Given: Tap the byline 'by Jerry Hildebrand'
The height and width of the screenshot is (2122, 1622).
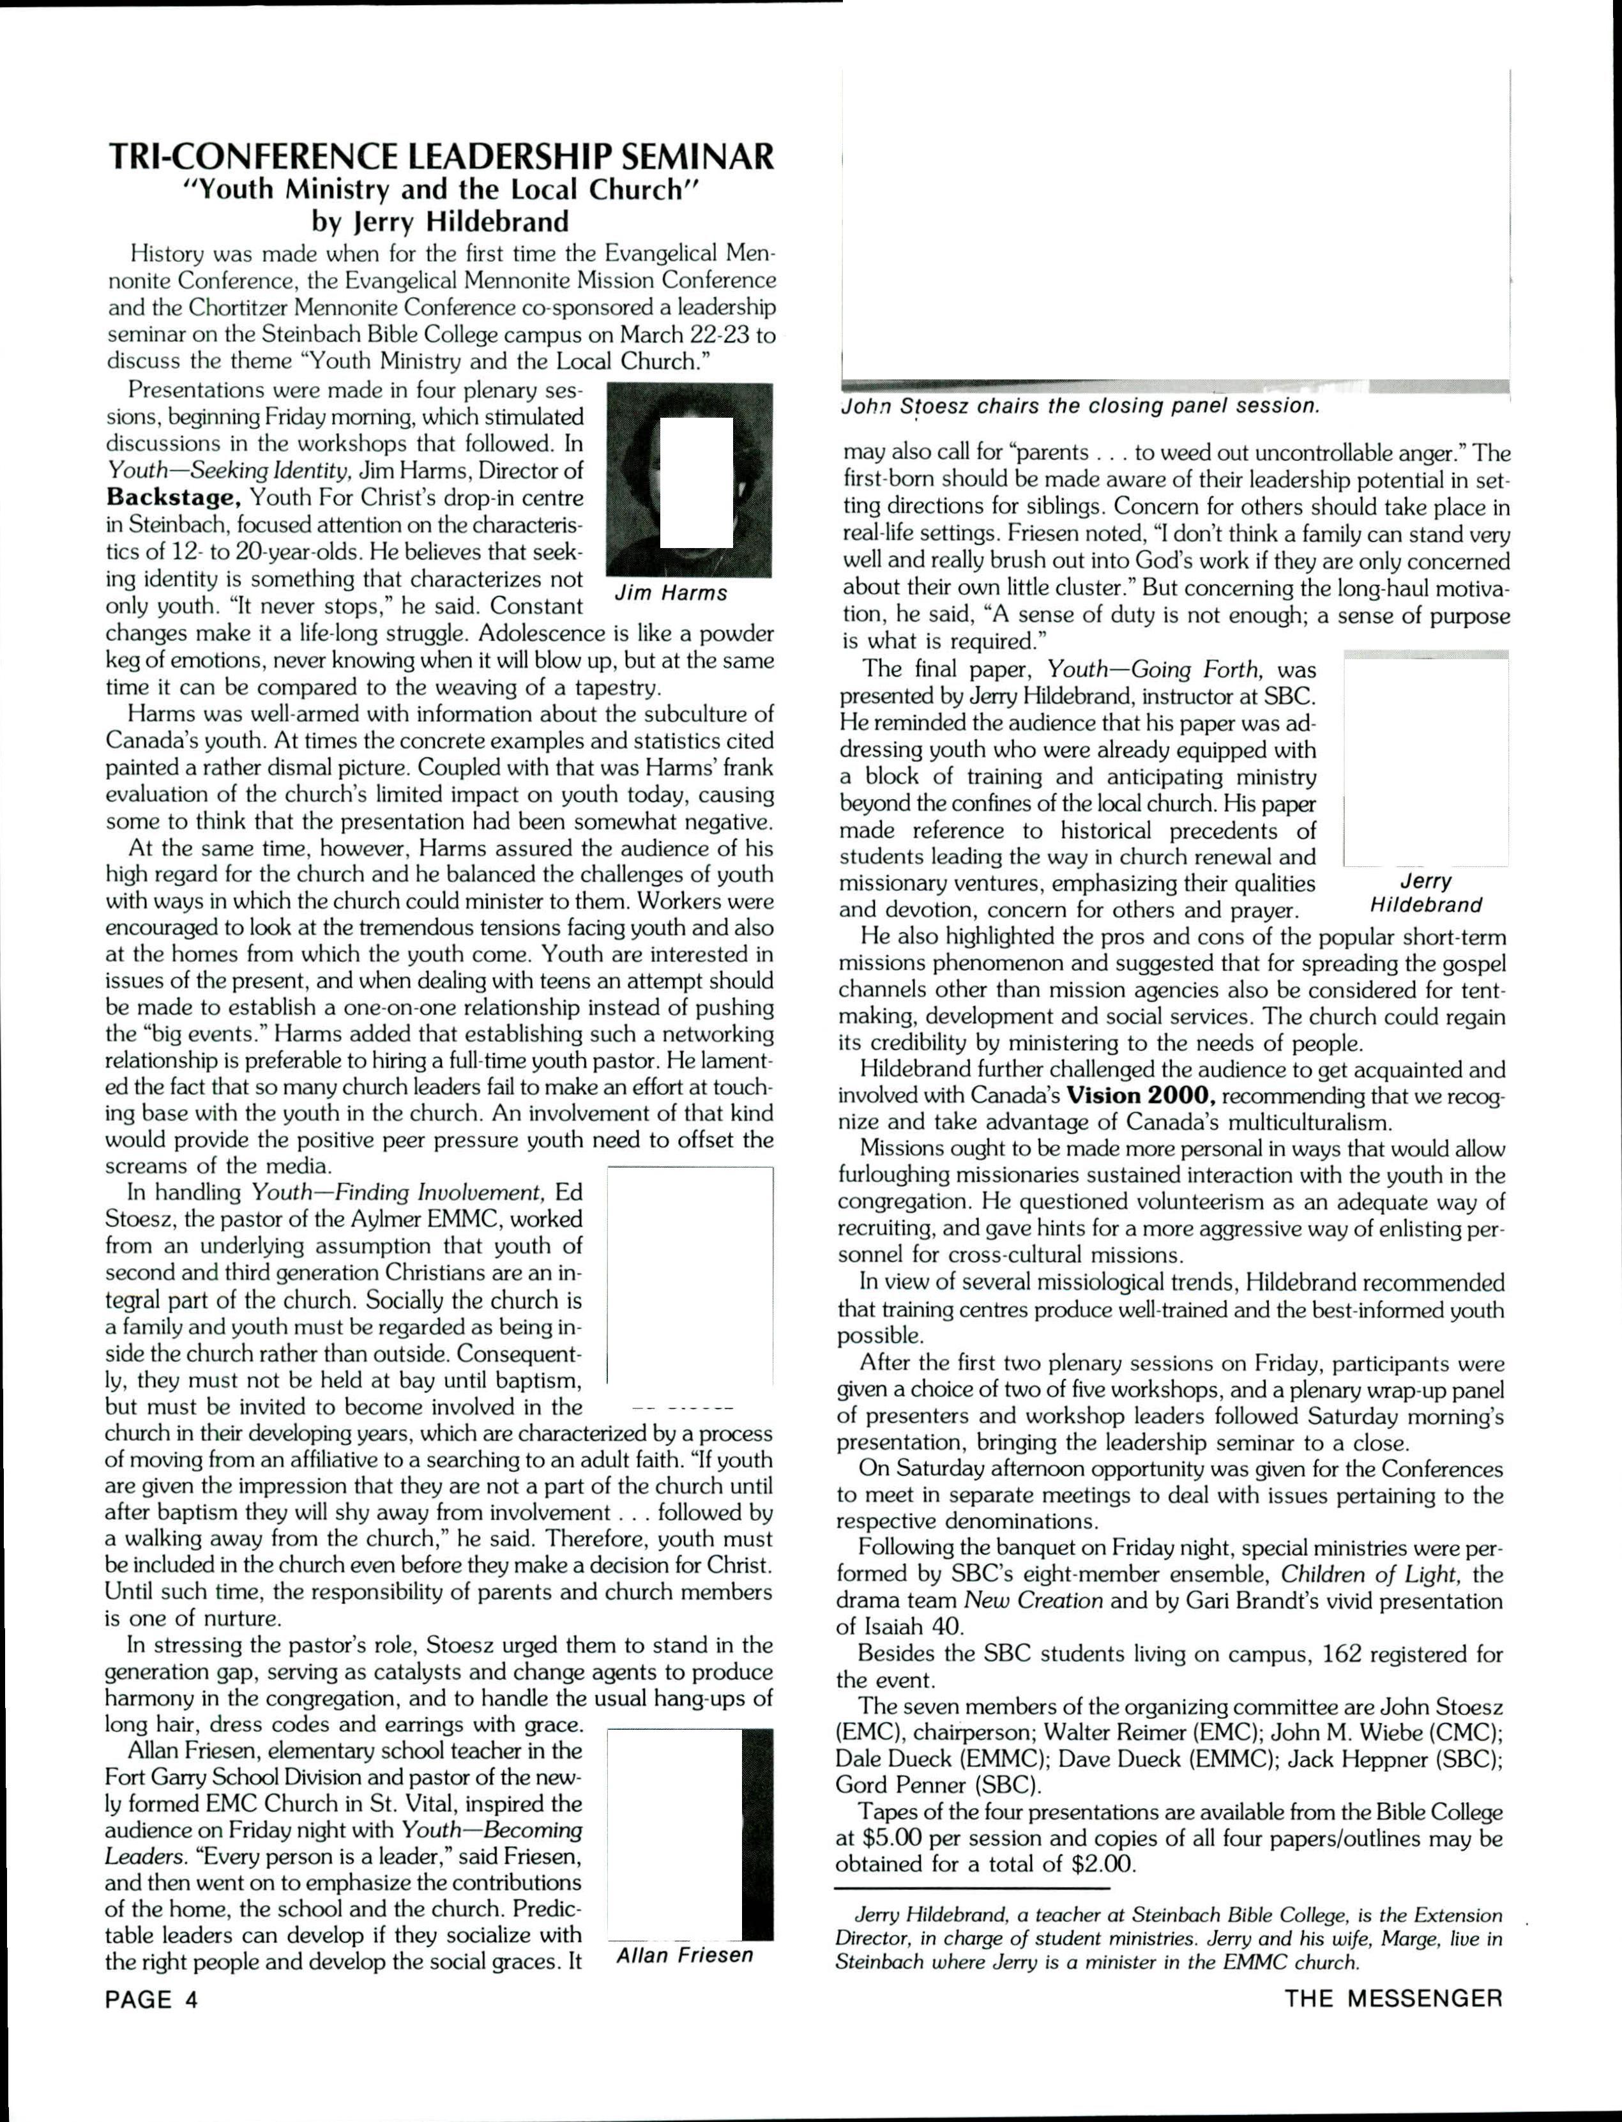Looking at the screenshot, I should pos(439,222).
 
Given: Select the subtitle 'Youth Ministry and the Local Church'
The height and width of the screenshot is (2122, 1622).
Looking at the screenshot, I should pos(439,189).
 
